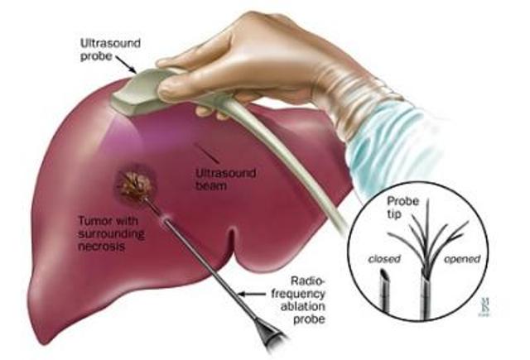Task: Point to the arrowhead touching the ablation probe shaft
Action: click(x=240, y=293)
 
